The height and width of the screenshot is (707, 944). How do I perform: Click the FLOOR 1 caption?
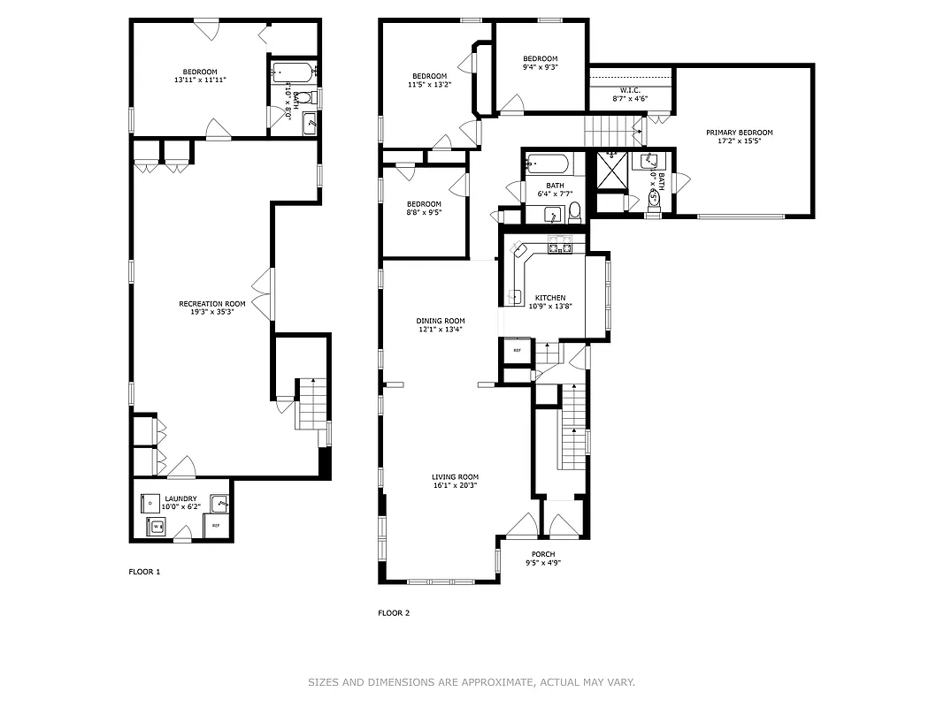click(x=144, y=572)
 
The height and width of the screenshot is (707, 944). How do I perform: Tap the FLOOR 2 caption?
click(x=394, y=612)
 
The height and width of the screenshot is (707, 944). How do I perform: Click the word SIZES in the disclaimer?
click(x=325, y=682)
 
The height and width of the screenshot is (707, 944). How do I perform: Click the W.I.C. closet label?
click(x=630, y=90)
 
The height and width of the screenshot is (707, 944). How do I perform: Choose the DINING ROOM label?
click(x=441, y=321)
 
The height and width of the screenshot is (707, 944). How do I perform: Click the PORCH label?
click(x=543, y=554)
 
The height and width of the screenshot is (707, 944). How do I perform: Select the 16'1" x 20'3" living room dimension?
click(x=455, y=485)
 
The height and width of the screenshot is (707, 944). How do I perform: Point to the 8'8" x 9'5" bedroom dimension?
click(x=424, y=212)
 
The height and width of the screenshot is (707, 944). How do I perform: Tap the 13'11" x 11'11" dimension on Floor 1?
click(x=200, y=80)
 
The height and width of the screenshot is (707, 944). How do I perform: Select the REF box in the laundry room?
click(x=216, y=526)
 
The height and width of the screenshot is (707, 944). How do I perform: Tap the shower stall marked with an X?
click(x=612, y=171)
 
